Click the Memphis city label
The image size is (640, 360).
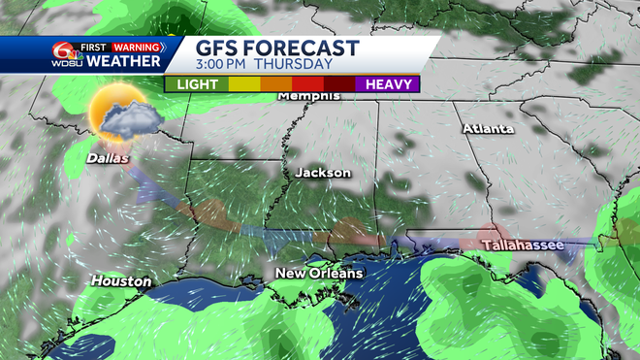pos(308,96)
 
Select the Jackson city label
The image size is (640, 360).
pos(323,172)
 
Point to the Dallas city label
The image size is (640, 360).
pos(107,157)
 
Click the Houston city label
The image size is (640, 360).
pos(121,281)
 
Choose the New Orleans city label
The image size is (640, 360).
pos(318,273)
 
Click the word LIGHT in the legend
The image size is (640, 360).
pos(197,84)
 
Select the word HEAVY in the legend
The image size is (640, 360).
pos(385,84)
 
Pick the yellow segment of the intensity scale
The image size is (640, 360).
pos(242,84)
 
